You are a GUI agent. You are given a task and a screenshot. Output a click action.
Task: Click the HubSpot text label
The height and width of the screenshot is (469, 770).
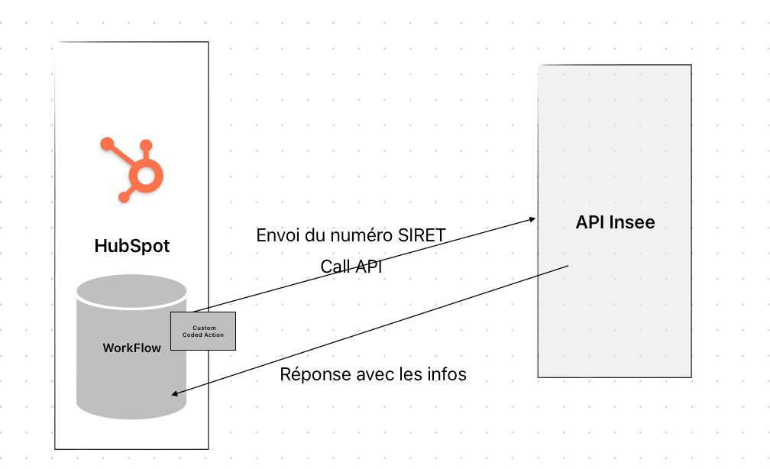(132, 246)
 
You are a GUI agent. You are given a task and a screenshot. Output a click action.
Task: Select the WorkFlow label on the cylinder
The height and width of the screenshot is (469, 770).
(132, 348)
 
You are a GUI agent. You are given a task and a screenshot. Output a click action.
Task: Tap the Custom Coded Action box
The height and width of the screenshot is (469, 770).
(203, 331)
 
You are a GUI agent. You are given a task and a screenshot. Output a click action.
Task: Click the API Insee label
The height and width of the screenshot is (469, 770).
(615, 223)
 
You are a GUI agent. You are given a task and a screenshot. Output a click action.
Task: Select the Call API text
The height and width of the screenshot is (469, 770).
(351, 267)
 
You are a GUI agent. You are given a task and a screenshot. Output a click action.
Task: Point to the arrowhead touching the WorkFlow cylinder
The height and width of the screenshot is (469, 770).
(176, 394)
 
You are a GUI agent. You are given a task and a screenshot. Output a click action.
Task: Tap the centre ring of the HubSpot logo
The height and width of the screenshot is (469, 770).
(146, 177)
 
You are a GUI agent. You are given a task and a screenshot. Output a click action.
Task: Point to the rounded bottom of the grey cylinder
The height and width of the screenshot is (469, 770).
(132, 409)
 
